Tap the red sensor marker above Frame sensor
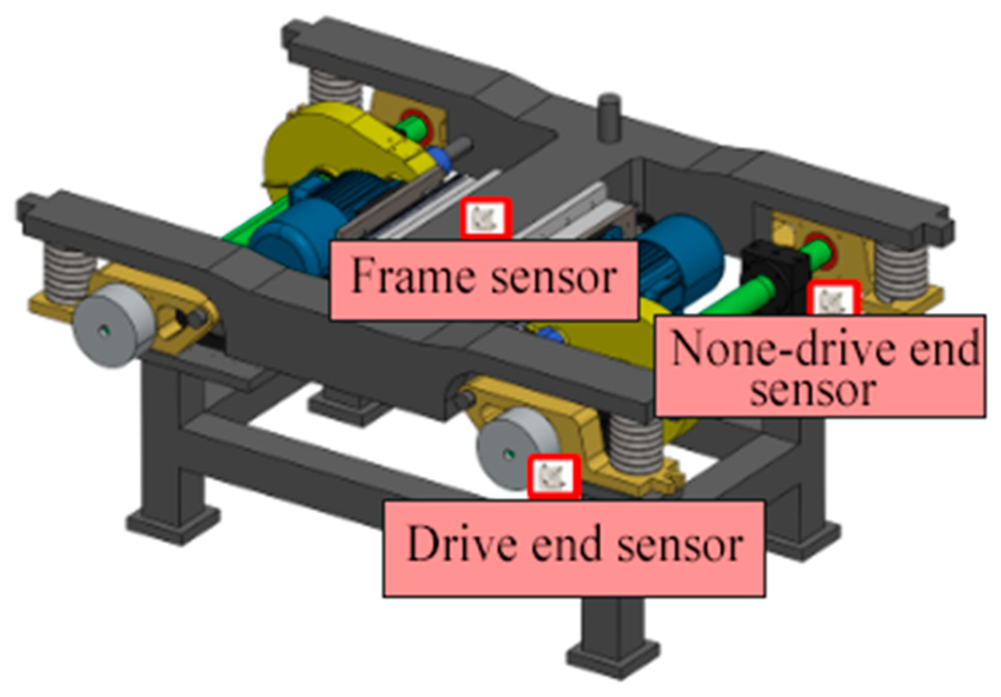click(x=485, y=218)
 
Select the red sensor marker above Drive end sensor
click(x=553, y=476)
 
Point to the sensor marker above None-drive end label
click(x=833, y=300)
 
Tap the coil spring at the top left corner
click(x=334, y=88)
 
